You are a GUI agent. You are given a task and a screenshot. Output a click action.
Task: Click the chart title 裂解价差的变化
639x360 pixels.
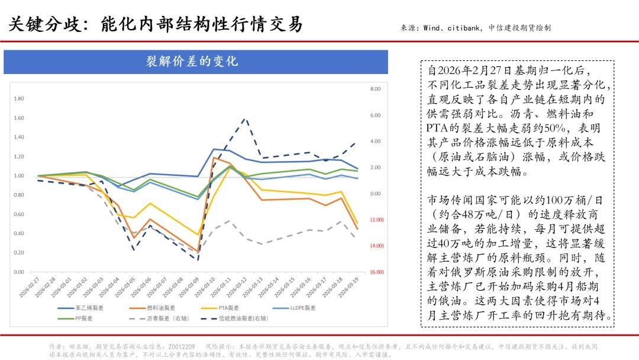coord(195,62)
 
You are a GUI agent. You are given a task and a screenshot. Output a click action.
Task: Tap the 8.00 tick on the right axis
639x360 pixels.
coord(376,89)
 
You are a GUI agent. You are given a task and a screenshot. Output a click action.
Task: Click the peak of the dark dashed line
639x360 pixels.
coord(245,118)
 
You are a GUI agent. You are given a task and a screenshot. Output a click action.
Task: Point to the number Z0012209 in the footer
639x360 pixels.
coord(181,346)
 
